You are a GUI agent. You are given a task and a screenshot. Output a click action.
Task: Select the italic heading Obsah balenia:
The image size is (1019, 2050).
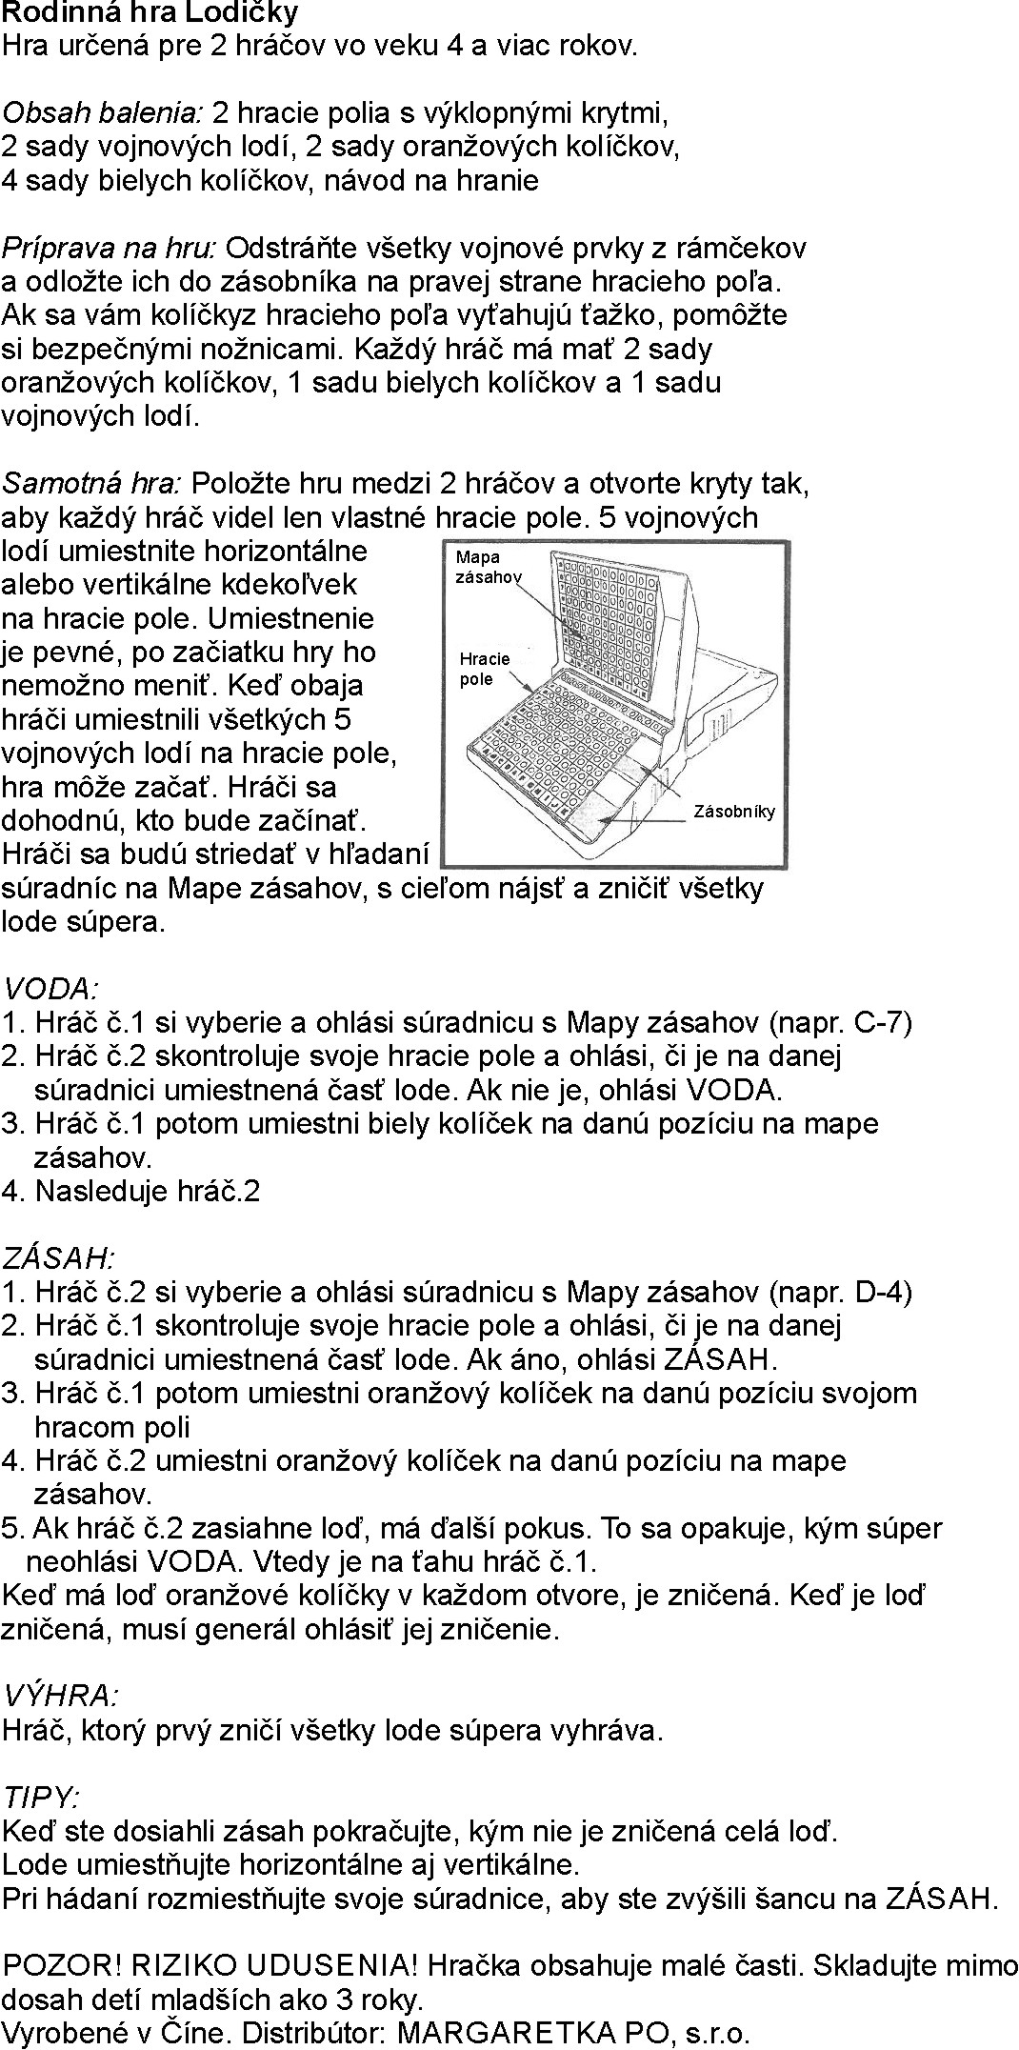[102, 113]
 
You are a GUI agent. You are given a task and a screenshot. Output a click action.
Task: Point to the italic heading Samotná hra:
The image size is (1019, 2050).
[91, 484]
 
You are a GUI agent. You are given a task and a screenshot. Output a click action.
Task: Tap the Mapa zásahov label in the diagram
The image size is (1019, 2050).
[484, 568]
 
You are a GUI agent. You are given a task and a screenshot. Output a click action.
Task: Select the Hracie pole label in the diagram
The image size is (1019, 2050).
[484, 669]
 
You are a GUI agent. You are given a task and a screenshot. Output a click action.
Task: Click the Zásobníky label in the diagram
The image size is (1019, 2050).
[733, 812]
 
